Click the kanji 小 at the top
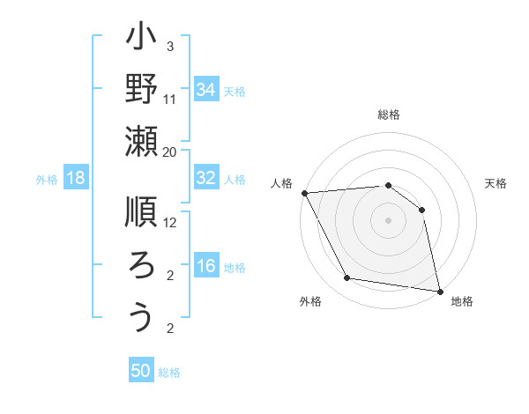click(x=142, y=39)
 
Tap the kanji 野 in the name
click(x=142, y=91)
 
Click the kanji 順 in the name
click(x=142, y=213)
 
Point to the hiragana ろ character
click(x=142, y=265)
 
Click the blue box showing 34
click(x=205, y=90)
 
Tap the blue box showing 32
click(x=205, y=178)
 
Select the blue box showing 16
click(x=205, y=266)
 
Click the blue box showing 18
click(x=76, y=178)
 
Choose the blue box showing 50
click(x=141, y=371)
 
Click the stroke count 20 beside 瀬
click(x=170, y=152)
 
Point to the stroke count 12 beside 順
click(x=170, y=223)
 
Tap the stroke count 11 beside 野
click(x=170, y=100)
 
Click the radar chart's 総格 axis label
click(x=389, y=115)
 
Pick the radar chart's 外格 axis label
click(x=310, y=301)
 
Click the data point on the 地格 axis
click(x=438, y=290)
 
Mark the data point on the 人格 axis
click(x=304, y=193)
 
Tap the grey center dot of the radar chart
click(x=389, y=219)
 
